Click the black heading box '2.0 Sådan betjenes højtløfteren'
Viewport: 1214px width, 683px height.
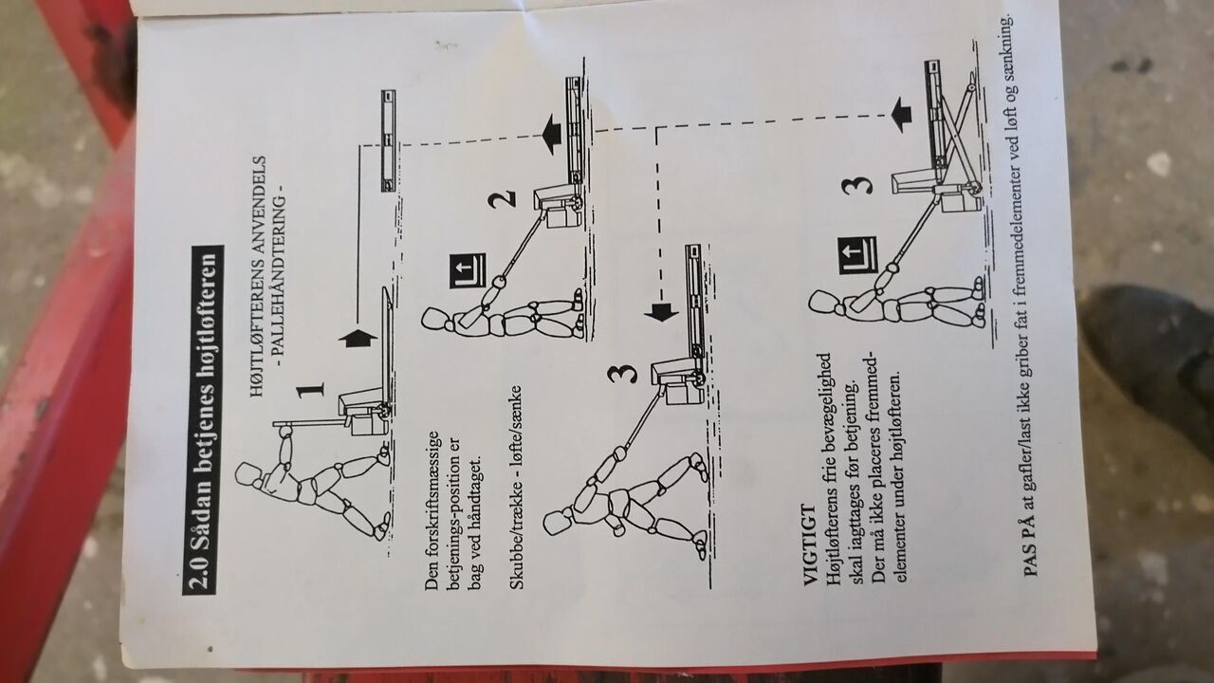pyautogui.click(x=203, y=419)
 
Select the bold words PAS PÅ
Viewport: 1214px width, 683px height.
pyautogui.click(x=1030, y=545)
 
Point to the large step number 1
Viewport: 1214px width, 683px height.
pyautogui.click(x=310, y=390)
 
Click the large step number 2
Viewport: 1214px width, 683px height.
pyautogui.click(x=502, y=199)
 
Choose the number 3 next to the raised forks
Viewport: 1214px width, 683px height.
pyautogui.click(x=856, y=185)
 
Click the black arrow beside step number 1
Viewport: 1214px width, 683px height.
pyautogui.click(x=358, y=339)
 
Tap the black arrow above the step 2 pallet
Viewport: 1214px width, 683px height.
pyautogui.click(x=551, y=135)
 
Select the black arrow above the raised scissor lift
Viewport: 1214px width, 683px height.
pyautogui.click(x=901, y=115)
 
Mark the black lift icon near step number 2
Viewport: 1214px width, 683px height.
pyautogui.click(x=468, y=271)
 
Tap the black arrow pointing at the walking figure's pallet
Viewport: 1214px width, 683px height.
pyautogui.click(x=661, y=312)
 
